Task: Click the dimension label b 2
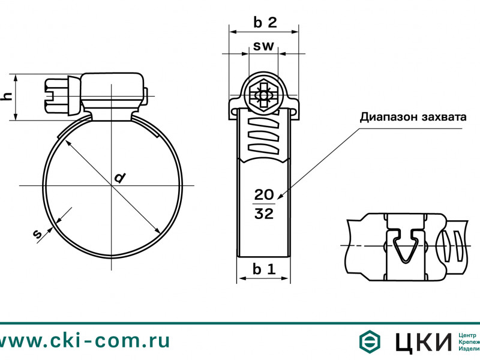pos(264,23)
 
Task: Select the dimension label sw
pos(263,46)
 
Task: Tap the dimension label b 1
pos(263,269)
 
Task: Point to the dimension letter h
pos(7,97)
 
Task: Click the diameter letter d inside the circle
pos(120,178)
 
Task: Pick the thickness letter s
pos(38,235)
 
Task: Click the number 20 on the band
pos(264,194)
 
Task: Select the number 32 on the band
pos(264,214)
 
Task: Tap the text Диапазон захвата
pos(413,116)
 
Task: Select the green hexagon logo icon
pos(371,341)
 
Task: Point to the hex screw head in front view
pos(263,95)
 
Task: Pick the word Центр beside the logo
pos(467,334)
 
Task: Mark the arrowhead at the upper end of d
pos(67,142)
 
